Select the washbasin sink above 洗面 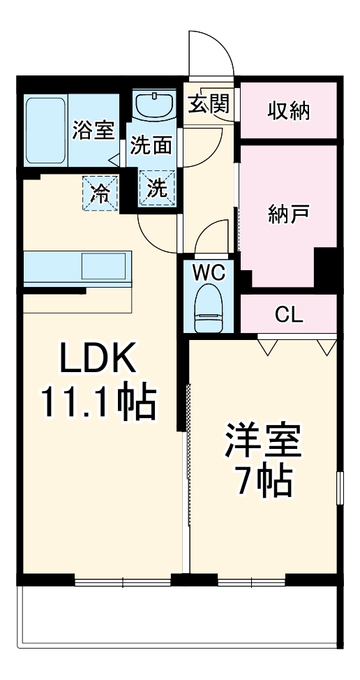(154, 106)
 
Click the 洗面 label (151, 147)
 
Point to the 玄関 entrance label (207, 104)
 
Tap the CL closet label (288, 314)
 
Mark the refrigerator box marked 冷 (101, 192)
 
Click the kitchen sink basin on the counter (103, 266)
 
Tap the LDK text (96, 360)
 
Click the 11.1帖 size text (97, 403)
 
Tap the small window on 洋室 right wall (340, 487)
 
